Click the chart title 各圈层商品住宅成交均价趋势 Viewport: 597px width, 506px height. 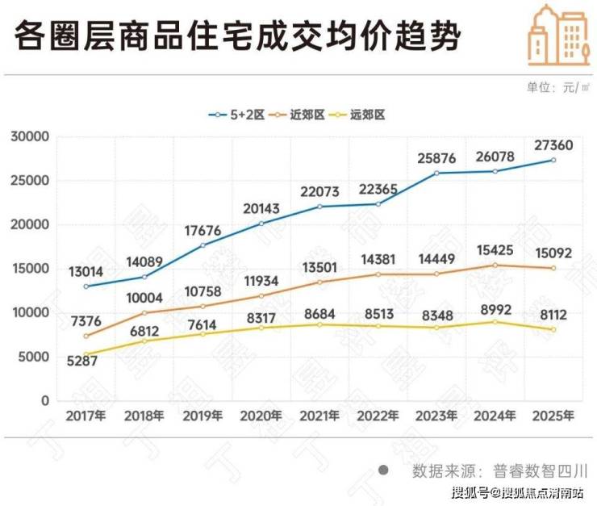tap(238, 37)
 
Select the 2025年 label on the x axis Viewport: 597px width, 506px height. tap(553, 416)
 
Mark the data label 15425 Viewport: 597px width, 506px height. tap(495, 249)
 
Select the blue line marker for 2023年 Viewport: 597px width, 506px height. tap(437, 173)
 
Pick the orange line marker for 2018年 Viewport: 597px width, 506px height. tap(144, 312)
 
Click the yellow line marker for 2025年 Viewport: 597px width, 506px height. tap(553, 329)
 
